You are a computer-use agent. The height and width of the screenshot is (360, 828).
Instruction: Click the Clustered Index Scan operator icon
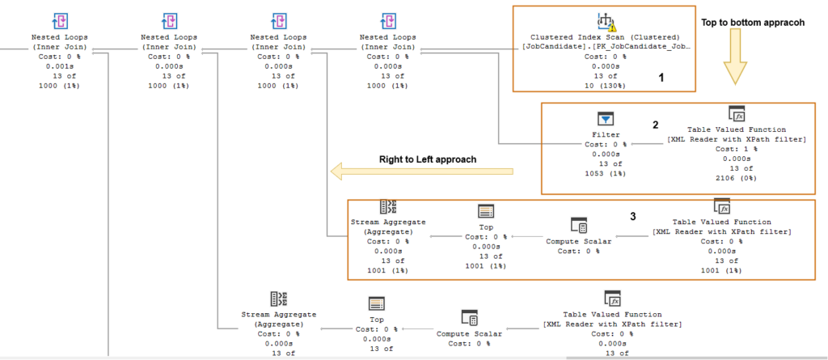point(605,20)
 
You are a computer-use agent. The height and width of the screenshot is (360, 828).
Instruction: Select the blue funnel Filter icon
point(606,119)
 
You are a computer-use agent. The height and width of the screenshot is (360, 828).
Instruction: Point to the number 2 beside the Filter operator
point(656,125)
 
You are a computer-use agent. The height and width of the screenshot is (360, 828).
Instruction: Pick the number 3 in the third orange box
point(634,217)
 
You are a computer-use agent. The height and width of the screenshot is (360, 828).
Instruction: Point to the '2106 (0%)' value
point(736,178)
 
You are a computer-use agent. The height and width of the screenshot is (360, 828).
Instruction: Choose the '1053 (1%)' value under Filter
point(606,173)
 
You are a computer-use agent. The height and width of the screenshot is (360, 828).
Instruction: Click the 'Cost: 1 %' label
point(736,149)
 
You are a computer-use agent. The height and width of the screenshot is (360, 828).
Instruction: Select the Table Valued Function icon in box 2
point(736,113)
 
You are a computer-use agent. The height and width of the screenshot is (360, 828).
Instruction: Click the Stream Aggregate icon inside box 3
point(388,206)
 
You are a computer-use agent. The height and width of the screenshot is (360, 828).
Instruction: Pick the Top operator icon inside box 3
point(486,211)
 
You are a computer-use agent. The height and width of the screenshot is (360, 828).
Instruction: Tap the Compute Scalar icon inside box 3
point(578,225)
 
